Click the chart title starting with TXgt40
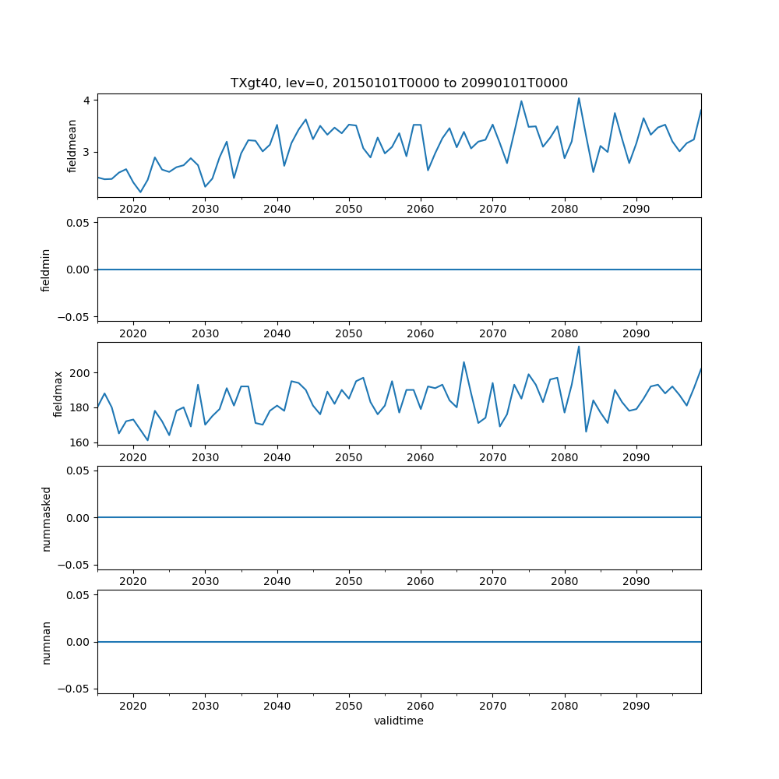click(399, 83)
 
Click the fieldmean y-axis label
click(72, 146)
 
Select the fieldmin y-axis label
click(46, 270)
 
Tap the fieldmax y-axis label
click(58, 393)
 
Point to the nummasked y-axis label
click(46, 517)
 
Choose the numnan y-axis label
click(46, 642)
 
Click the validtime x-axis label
click(399, 721)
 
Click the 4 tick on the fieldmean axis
click(89, 100)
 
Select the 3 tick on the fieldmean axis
click(89, 152)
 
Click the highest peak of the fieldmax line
click(579, 346)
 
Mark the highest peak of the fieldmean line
click(579, 98)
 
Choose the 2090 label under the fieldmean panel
click(636, 209)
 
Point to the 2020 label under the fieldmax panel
click(133, 456)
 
